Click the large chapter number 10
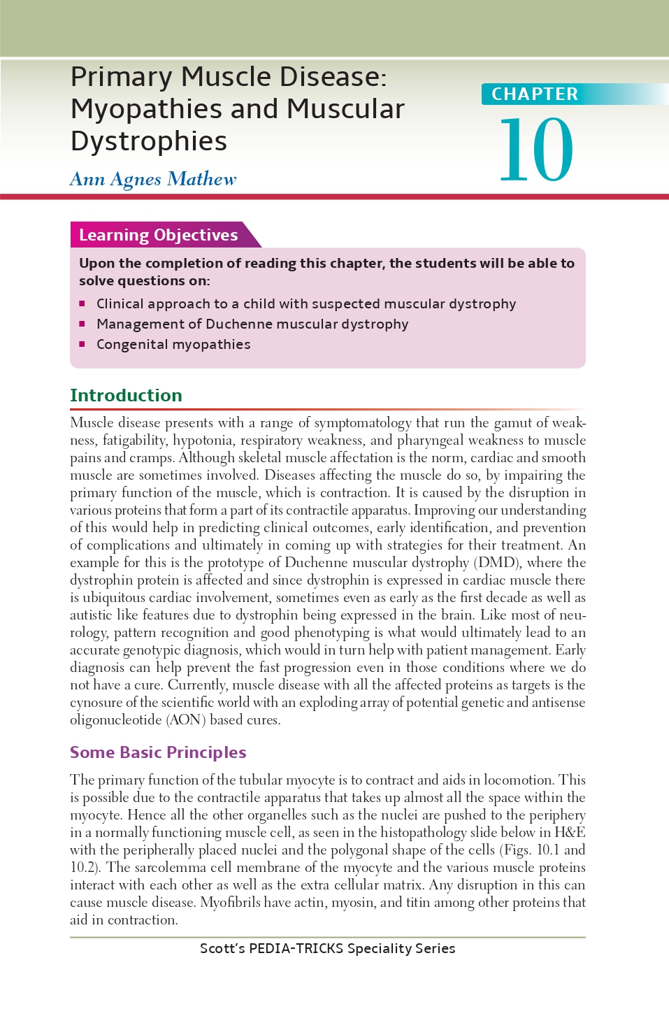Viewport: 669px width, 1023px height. pyautogui.click(x=536, y=150)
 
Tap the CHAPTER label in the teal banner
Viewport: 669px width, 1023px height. pyautogui.click(x=535, y=94)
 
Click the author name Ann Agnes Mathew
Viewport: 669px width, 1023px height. pyautogui.click(x=153, y=179)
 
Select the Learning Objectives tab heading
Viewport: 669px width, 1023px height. pyautogui.click(x=158, y=235)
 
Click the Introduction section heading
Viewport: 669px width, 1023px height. pyautogui.click(x=126, y=395)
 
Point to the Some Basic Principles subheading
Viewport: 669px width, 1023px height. pyautogui.click(x=158, y=752)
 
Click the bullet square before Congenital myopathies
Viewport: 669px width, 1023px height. pyautogui.click(x=82, y=344)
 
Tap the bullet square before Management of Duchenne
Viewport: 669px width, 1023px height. pyautogui.click(x=82, y=324)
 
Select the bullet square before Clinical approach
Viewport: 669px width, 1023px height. pyautogui.click(x=82, y=303)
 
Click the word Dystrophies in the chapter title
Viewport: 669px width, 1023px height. pyautogui.click(x=149, y=141)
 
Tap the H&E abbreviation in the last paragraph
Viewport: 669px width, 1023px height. pyautogui.click(x=570, y=832)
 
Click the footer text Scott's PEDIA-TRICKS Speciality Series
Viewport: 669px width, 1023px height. pyautogui.click(x=327, y=949)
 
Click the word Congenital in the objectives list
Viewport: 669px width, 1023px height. pyautogui.click(x=132, y=344)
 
